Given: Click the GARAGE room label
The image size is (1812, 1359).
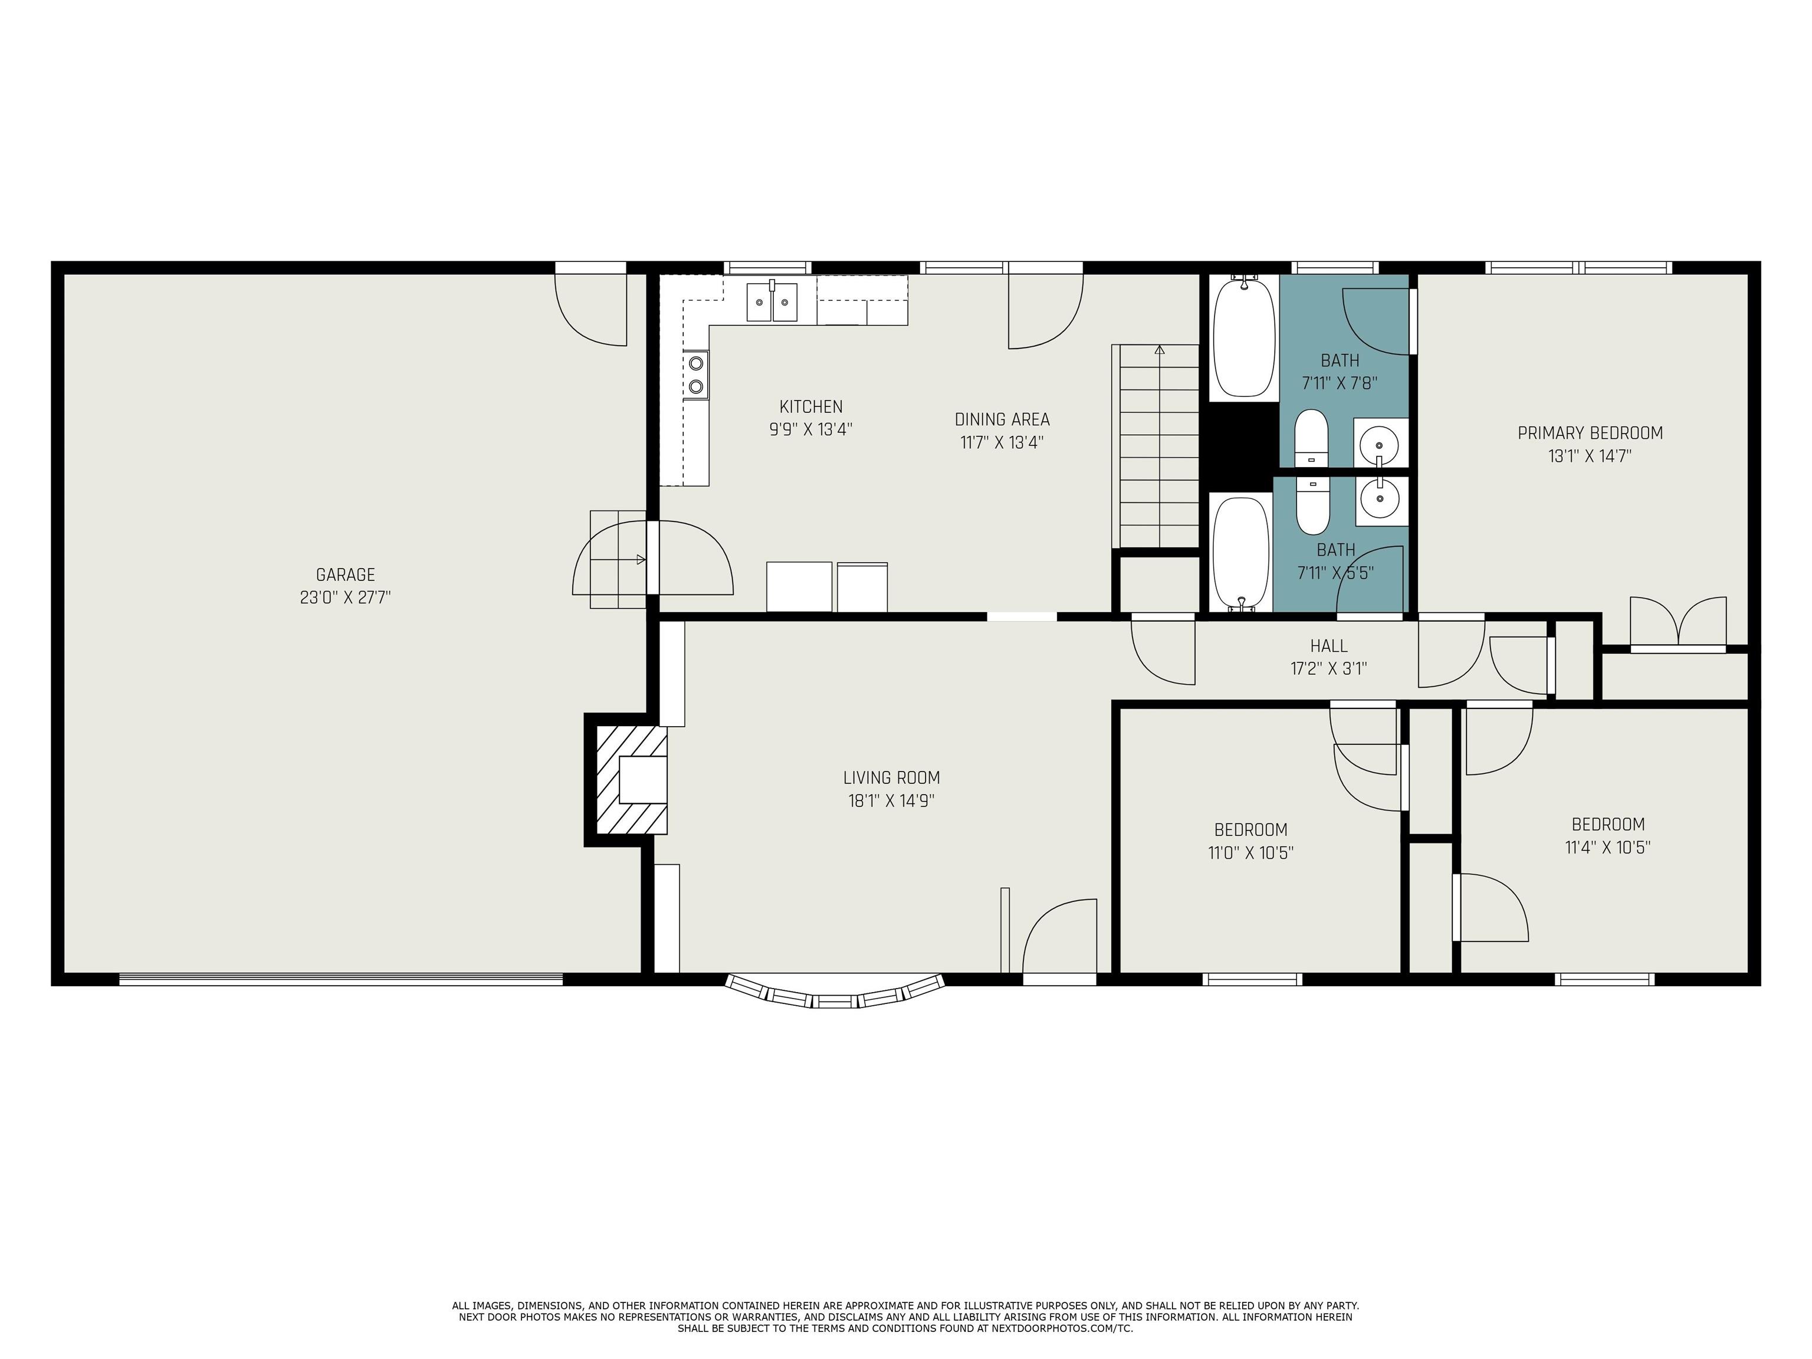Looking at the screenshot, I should (345, 575).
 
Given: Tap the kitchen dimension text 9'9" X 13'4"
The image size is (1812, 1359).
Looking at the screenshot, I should (810, 429).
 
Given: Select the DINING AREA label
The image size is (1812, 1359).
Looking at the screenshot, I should (1001, 419).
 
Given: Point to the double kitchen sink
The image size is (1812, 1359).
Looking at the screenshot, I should (772, 302).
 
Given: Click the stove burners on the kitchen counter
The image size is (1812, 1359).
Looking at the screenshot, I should (696, 375).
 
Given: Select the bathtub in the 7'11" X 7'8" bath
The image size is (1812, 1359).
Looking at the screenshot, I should (1243, 337).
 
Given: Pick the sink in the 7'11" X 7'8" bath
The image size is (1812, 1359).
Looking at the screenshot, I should (1380, 443).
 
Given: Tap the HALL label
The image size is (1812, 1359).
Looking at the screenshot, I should (1328, 645).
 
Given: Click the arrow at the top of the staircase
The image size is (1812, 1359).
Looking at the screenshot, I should (1159, 350).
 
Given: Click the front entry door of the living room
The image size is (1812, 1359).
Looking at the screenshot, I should (1059, 938).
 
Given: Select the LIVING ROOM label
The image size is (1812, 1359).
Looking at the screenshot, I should (891, 777).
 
